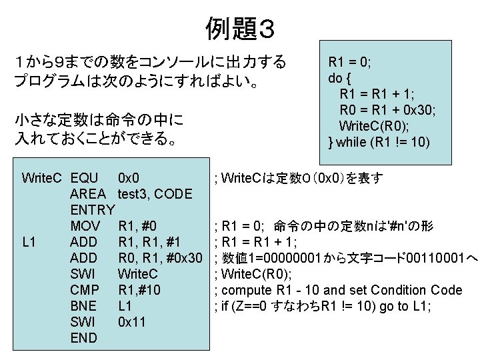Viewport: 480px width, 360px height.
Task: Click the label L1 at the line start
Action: point(29,241)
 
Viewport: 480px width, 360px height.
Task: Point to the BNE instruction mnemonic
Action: point(83,306)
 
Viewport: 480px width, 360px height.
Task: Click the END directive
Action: point(83,338)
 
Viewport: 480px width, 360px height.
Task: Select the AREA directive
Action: point(88,194)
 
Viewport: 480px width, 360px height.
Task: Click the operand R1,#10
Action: point(140,290)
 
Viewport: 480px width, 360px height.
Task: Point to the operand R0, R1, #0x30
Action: point(159,257)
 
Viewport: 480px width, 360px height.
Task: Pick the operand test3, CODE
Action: point(155,194)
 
